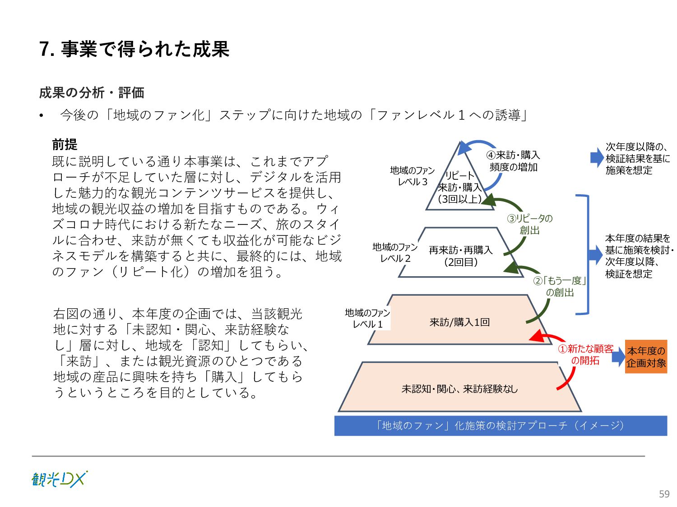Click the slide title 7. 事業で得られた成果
134,49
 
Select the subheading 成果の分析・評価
92,93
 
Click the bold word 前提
65,145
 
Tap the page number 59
664,494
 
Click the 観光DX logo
59,479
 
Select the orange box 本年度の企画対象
646,357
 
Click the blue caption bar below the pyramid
500,425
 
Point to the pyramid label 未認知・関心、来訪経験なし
459,388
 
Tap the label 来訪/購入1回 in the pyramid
459,322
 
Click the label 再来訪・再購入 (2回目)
460,256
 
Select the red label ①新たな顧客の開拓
585,355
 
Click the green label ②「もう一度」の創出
560,287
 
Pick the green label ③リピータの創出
529,224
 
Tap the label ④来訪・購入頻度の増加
513,161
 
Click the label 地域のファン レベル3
412,176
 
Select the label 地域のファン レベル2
395,253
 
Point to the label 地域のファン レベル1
367,319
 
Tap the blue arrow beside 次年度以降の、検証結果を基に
597,158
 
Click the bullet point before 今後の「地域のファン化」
42,116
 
